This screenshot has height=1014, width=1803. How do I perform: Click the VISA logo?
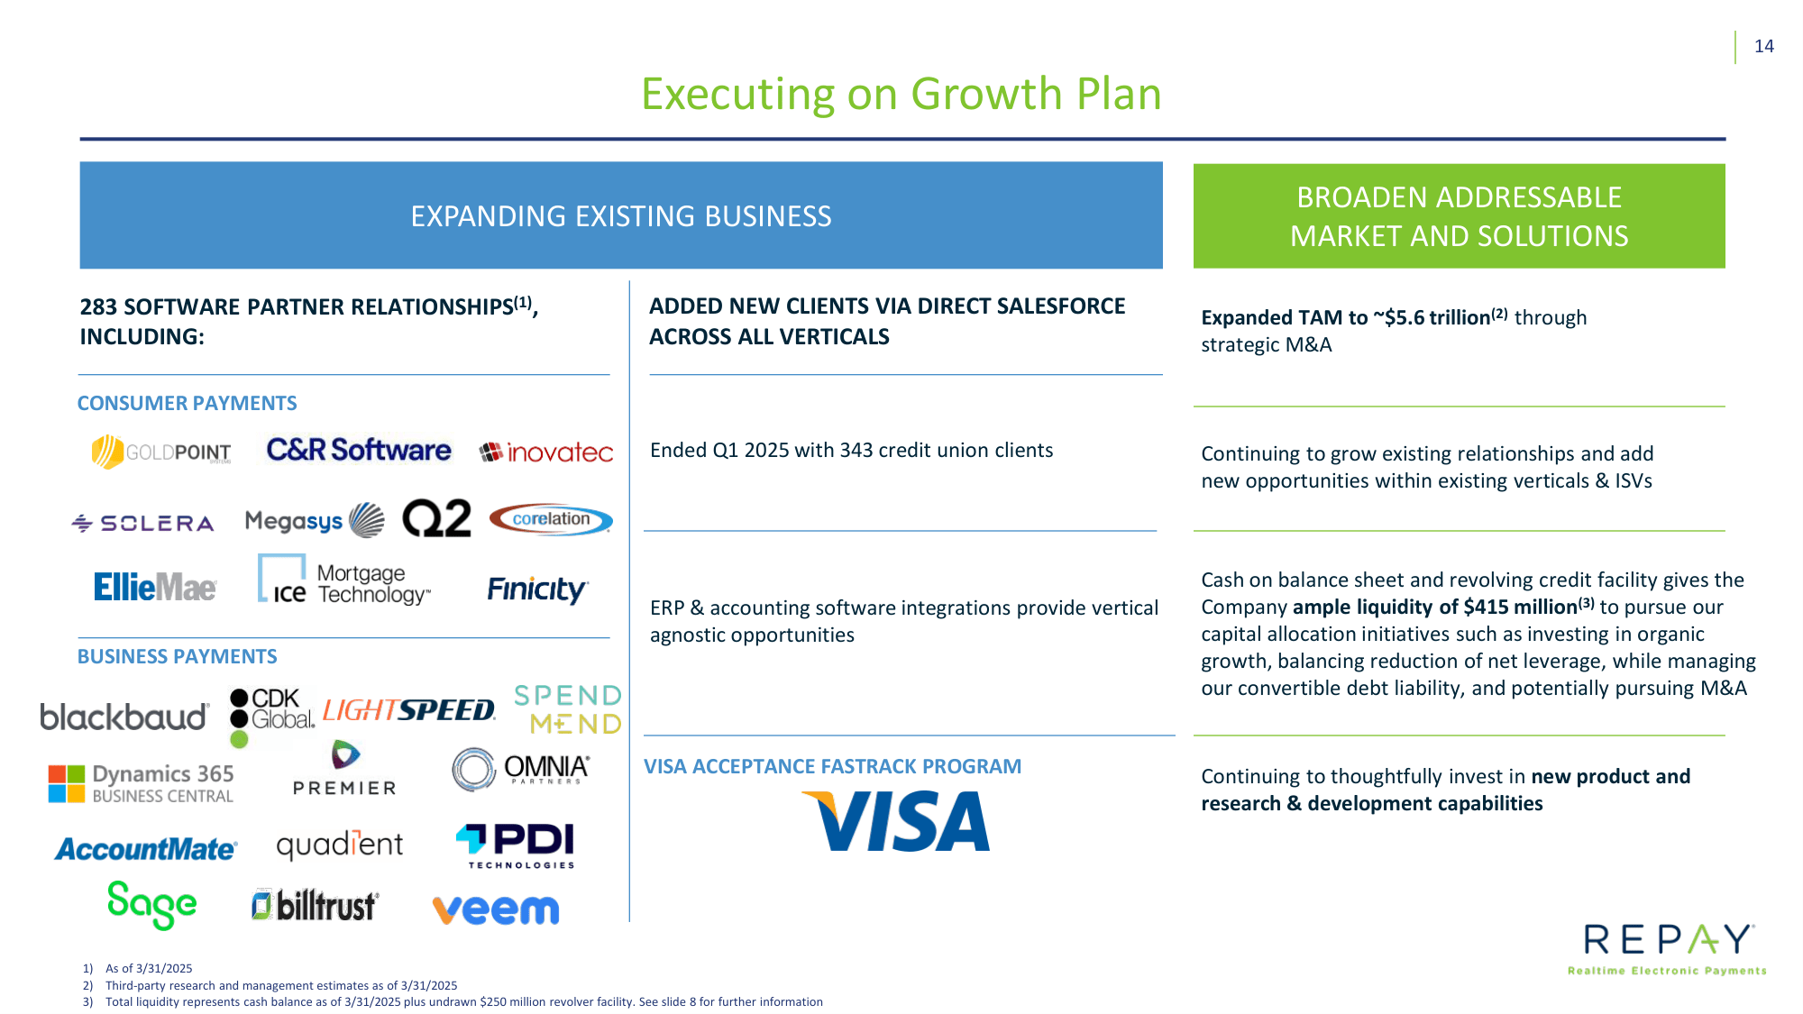tap(898, 821)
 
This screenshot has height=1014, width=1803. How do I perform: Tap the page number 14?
tap(1763, 46)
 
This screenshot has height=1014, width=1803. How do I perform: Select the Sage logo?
tap(151, 904)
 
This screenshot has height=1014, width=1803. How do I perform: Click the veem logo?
tap(496, 909)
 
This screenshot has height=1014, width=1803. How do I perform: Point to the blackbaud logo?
tap(124, 717)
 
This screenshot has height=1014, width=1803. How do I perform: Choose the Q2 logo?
tap(436, 519)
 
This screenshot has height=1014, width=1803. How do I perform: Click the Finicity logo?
tap(537, 589)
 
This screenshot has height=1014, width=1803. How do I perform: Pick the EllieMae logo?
tap(155, 588)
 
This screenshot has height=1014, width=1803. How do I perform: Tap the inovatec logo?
tap(546, 452)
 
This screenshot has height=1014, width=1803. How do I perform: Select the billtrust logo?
tap(315, 905)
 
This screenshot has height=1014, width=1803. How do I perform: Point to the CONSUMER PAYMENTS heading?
tap(187, 403)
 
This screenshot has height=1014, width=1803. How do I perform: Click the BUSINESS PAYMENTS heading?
tap(177, 656)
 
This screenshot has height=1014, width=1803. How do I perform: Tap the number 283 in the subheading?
tap(98, 307)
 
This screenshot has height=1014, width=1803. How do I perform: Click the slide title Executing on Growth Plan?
tap(901, 94)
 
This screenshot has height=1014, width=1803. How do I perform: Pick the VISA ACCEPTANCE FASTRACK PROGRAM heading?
tap(832, 766)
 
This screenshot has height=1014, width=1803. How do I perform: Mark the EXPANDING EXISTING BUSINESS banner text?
tap(621, 216)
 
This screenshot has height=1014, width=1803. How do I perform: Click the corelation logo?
tap(551, 519)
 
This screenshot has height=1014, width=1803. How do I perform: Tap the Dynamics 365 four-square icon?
tap(66, 783)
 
